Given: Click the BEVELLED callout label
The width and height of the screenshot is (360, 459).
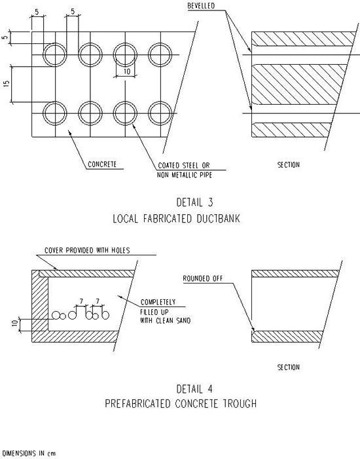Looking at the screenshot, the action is (x=201, y=6).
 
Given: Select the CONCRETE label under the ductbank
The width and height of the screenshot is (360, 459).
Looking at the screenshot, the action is (x=102, y=164).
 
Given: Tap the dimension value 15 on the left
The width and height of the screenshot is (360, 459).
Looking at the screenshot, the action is (x=7, y=83).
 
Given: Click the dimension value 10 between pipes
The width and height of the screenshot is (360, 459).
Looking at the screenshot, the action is (x=127, y=71).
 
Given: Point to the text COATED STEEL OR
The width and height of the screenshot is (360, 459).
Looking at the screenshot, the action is (x=184, y=166).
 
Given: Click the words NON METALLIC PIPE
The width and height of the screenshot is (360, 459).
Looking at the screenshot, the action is (x=185, y=175).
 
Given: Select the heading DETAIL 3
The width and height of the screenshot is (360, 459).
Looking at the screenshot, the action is (x=194, y=202).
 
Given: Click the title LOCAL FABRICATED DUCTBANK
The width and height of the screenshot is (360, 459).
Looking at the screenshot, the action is (x=177, y=219).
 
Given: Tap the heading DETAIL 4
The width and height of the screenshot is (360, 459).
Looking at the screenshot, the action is (x=194, y=389).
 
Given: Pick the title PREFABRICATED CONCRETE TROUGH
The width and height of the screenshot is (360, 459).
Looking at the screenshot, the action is (x=181, y=404).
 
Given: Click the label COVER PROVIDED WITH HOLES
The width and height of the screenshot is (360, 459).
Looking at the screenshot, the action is (x=87, y=250).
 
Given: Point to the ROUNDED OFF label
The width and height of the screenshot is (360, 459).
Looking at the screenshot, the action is (x=203, y=278).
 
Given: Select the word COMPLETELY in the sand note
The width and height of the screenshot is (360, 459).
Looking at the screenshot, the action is (x=158, y=302).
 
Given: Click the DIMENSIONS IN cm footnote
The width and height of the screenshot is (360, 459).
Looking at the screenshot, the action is (x=29, y=454).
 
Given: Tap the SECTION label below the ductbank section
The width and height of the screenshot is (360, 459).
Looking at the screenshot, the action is (x=289, y=165).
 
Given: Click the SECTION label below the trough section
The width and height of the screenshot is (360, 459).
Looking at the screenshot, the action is (x=289, y=367).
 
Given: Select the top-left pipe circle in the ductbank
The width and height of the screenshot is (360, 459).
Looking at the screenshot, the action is (x=55, y=43).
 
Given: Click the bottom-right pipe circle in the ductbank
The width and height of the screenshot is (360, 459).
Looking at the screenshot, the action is (x=160, y=101).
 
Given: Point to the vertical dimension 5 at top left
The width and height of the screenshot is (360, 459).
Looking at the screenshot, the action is (x=5, y=38).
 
